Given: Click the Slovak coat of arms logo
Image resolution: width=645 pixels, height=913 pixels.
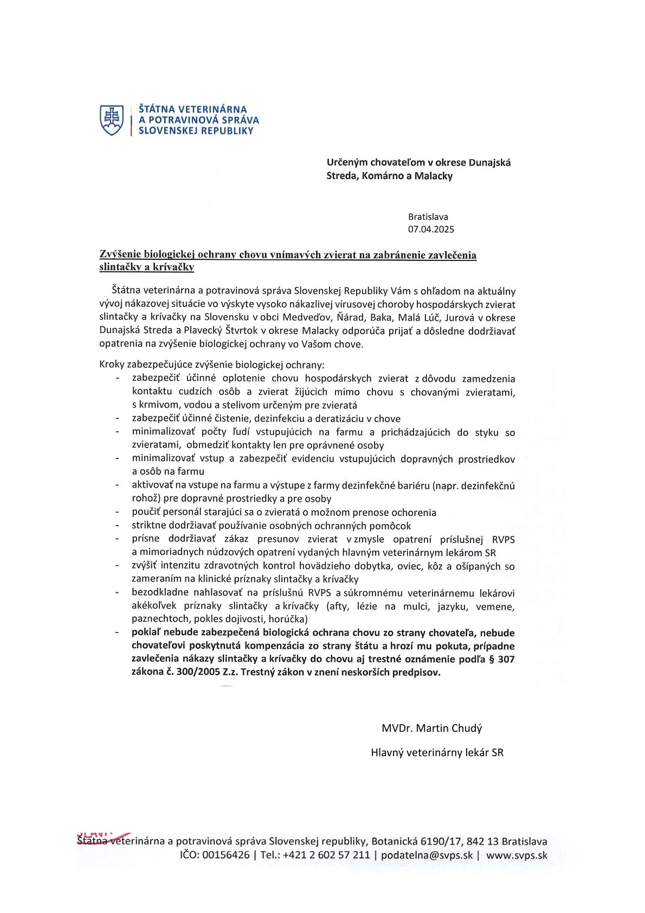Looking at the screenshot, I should (112, 120).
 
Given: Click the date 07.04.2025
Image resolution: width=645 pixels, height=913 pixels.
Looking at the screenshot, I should (431, 229).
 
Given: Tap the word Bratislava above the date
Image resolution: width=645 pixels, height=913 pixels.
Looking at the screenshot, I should (428, 217).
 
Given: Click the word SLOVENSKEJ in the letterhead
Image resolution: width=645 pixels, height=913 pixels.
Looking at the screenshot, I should (166, 131).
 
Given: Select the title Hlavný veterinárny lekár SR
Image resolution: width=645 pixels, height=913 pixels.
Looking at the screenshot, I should (437, 752).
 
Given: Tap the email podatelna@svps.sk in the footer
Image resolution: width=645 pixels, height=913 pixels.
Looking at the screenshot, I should (427, 855).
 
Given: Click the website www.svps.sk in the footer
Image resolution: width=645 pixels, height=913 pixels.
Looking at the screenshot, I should (517, 855).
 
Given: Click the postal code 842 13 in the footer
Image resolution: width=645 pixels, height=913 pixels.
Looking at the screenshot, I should (482, 841).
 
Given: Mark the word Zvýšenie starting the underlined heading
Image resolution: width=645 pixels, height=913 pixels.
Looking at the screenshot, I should (120, 254).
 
